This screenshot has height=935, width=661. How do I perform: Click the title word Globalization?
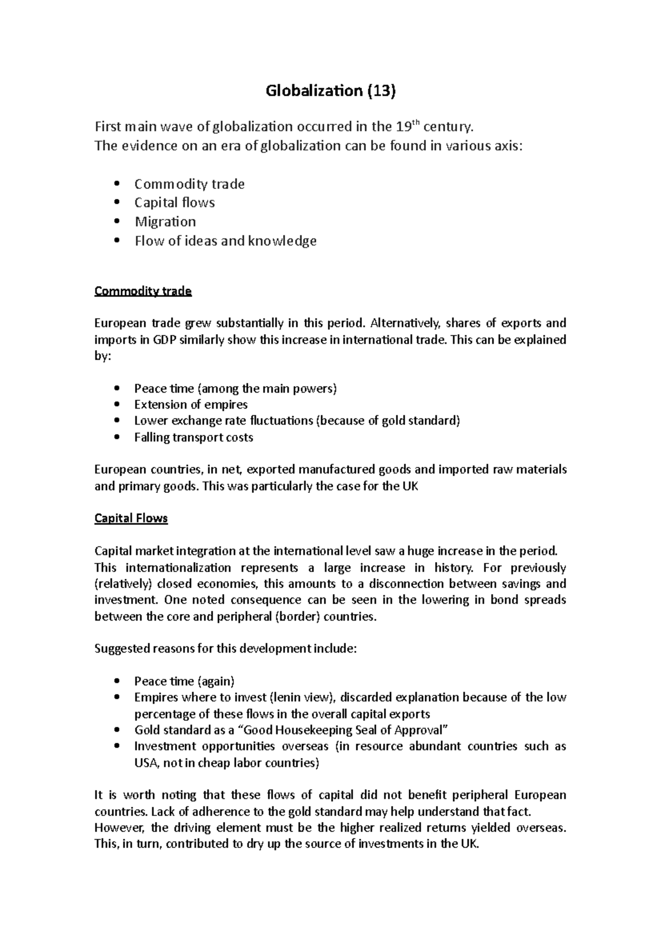[312, 91]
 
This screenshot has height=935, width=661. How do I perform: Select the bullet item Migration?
[165, 222]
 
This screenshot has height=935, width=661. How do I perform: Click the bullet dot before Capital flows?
[116, 203]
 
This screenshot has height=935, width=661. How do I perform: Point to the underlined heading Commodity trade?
[143, 291]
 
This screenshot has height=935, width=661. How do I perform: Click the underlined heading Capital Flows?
[131, 518]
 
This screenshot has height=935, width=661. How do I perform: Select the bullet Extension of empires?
[191, 405]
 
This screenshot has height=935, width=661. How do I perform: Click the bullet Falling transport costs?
[193, 437]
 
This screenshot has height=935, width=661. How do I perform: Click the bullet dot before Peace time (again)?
[116, 681]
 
